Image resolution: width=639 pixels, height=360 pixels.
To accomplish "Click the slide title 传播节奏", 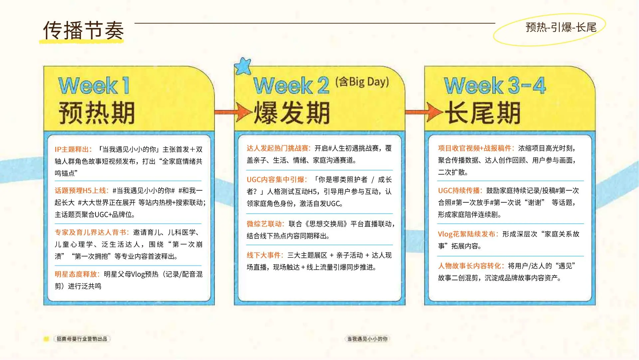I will coord(83,30).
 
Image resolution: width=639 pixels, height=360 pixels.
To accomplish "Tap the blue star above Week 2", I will coord(243,66).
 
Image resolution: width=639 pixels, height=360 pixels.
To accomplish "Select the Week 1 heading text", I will coord(94,85).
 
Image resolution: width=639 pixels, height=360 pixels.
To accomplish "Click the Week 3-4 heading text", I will coord(495,85).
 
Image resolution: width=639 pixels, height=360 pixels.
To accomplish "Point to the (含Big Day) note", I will coord(362,81).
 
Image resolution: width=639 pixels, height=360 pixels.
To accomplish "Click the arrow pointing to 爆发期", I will coord(233,112).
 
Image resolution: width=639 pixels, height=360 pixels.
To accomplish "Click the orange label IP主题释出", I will coord(73,149).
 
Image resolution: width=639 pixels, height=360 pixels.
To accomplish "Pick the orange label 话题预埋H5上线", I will coord(82,191).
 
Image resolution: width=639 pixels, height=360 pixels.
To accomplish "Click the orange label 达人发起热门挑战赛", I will coord(279,148).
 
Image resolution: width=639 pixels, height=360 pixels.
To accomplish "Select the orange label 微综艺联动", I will coord(265,224).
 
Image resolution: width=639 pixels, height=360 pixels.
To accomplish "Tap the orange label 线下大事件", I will coord(265,255).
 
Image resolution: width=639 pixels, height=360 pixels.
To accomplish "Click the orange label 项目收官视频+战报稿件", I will coord(476,148).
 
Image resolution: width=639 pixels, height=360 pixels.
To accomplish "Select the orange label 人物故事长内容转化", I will coord(471,266).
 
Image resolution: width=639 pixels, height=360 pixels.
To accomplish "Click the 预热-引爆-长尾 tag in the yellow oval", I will coord(561,27).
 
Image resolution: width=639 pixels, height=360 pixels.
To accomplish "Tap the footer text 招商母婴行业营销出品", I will coord(82,339).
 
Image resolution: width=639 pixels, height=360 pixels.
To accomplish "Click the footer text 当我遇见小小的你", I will coord(367,339).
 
